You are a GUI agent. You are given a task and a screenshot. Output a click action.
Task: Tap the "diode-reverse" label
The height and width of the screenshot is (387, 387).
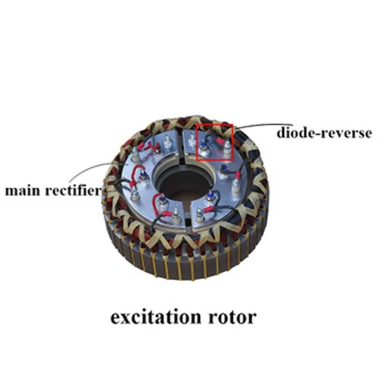point(324,133)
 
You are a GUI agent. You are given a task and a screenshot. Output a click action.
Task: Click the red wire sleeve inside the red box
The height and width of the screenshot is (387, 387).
point(220,141)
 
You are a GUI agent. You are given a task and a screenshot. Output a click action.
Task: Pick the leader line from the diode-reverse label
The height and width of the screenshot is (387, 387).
point(263,124)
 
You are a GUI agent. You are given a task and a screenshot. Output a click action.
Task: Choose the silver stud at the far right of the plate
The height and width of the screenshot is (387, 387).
point(236,186)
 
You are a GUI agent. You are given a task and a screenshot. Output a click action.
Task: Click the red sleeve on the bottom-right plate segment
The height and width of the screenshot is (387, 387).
point(208,209)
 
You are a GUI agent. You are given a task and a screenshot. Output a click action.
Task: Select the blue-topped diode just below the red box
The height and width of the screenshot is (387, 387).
point(223,171)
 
